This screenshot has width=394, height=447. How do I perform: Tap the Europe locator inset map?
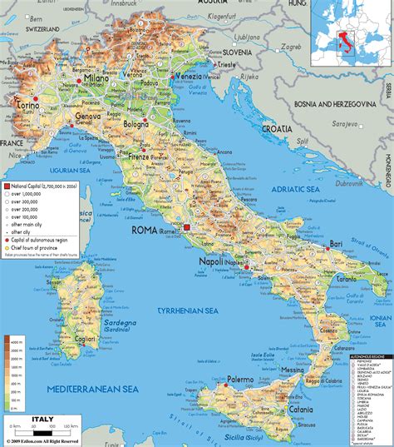[351, 39]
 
